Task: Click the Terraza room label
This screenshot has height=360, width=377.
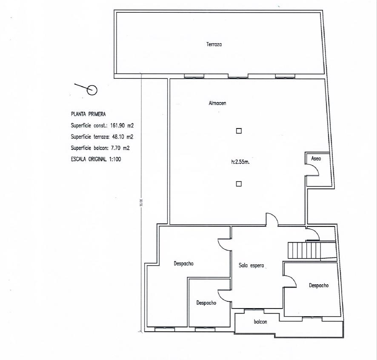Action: [214, 44]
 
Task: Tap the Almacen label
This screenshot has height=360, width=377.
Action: [217, 103]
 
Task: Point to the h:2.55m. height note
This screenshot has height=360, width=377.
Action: [240, 162]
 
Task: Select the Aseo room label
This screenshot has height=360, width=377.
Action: [316, 158]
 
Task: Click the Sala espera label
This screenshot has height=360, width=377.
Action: [251, 266]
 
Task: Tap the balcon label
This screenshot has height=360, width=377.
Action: [260, 322]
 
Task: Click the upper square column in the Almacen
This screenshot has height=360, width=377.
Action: [239, 131]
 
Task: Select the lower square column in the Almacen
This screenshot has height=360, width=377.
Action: [239, 184]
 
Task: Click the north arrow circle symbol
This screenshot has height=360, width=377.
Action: [92, 90]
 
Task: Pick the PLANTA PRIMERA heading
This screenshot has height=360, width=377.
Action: [88, 114]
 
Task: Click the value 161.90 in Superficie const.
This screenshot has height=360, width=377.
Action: [117, 125]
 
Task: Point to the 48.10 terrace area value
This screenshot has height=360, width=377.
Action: [118, 137]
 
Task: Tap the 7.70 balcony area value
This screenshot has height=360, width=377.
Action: [116, 148]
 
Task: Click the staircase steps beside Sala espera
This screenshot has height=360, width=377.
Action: [304, 250]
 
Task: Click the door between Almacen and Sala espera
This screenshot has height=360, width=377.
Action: [272, 219]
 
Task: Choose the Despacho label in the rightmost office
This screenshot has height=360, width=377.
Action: [319, 286]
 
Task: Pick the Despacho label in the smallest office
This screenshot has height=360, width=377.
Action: [206, 303]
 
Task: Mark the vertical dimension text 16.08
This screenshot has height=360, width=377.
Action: [141, 203]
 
